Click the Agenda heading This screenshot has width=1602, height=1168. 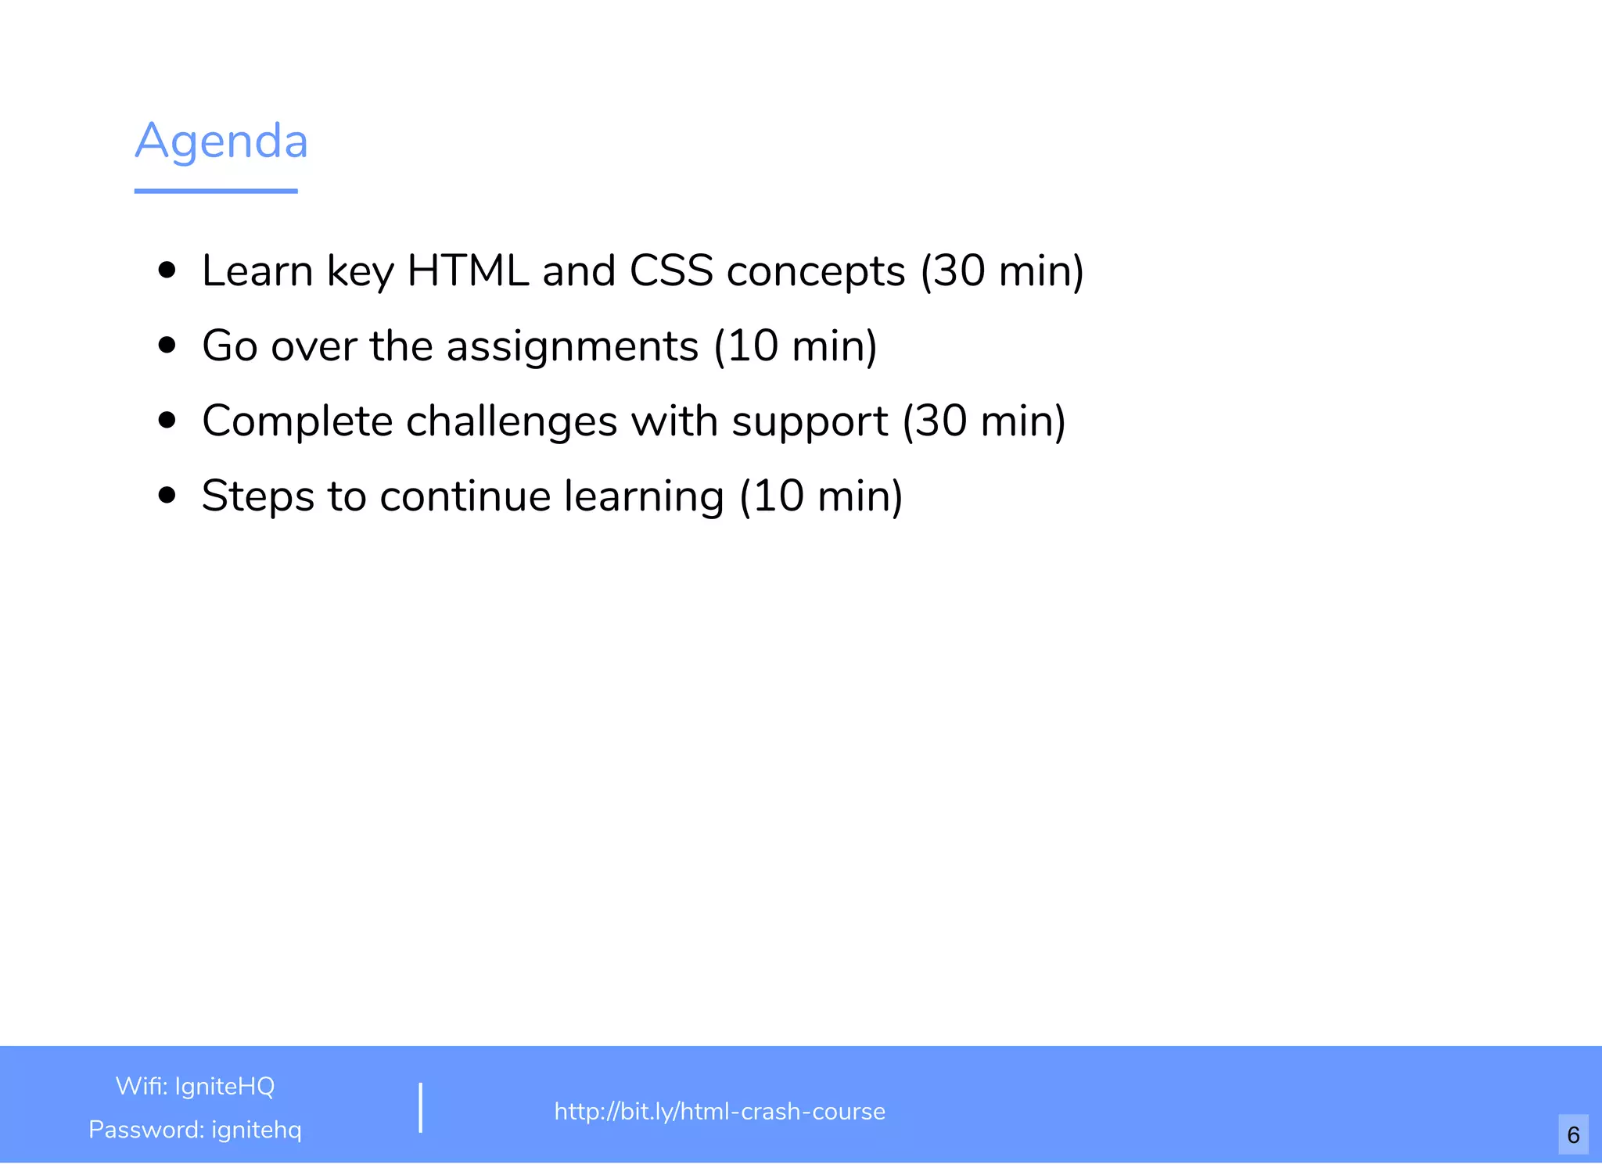click(221, 142)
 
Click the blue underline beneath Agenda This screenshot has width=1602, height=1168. click(216, 191)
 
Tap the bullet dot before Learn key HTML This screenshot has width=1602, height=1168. click(167, 271)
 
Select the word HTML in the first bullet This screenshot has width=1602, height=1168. click(468, 271)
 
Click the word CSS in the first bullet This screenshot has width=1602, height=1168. click(671, 271)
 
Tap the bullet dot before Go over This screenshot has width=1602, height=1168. click(167, 346)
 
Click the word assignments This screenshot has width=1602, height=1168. click(572, 347)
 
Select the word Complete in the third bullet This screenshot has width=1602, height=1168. click(297, 422)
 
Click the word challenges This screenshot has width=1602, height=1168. click(512, 422)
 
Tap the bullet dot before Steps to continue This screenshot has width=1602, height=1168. click(167, 496)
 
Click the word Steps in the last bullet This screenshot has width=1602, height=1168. click(257, 497)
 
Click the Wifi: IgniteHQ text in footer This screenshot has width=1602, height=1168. click(195, 1086)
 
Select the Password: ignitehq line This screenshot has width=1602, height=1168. click(195, 1130)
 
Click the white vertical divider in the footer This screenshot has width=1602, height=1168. click(421, 1108)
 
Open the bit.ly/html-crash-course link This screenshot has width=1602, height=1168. click(720, 1111)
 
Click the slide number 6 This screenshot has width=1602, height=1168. click(1573, 1134)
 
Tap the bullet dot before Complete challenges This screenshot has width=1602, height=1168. click(167, 421)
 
